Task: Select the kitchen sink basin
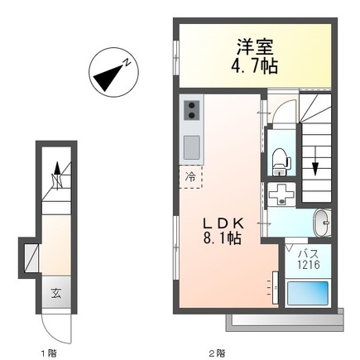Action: [x=191, y=147]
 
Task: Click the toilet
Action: [x=280, y=158]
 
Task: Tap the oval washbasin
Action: [x=321, y=223]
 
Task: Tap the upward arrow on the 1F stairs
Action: [x=57, y=172]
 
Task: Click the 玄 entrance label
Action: [x=56, y=292]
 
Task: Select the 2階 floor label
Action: [x=217, y=353]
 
